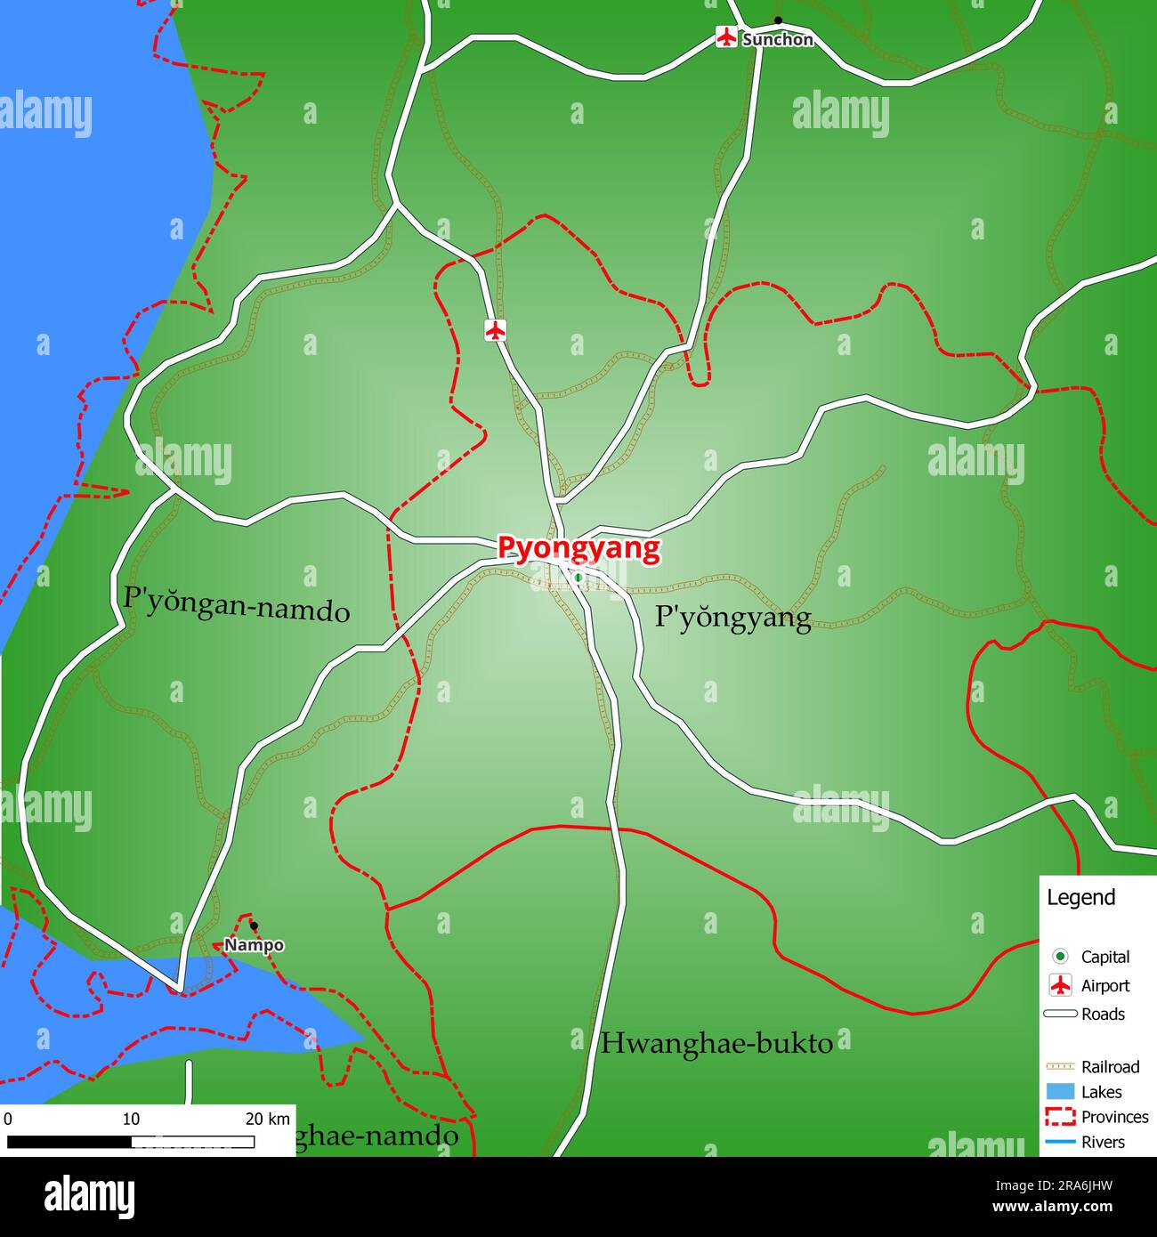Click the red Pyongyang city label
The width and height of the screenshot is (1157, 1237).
[578, 548]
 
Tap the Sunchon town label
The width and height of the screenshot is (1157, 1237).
[777, 40]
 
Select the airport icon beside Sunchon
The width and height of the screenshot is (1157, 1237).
[726, 37]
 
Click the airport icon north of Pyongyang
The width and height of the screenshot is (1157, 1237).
[496, 329]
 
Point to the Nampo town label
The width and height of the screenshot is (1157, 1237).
[254, 945]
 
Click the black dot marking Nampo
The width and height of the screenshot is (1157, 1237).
[254, 926]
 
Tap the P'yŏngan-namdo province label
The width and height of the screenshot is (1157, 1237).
[236, 604]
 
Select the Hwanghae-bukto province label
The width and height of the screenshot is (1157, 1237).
[716, 1043]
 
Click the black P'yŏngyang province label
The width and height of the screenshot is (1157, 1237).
[732, 618]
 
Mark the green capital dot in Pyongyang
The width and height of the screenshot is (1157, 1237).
[578, 578]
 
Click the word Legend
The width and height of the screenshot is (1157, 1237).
[1080, 897]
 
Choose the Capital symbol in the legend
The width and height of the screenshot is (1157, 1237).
[1060, 957]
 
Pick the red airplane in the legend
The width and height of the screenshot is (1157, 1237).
[1060, 985]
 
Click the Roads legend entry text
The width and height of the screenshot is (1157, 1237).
[1103, 1014]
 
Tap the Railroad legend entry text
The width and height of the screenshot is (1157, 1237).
[1110, 1066]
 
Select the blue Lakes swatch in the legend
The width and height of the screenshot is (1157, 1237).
[1060, 1092]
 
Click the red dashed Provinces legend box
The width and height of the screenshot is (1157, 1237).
[1060, 1117]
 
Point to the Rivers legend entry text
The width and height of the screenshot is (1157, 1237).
[1103, 1142]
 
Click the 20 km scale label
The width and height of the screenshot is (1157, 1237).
[267, 1119]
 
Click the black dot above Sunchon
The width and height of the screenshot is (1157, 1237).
[778, 20]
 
